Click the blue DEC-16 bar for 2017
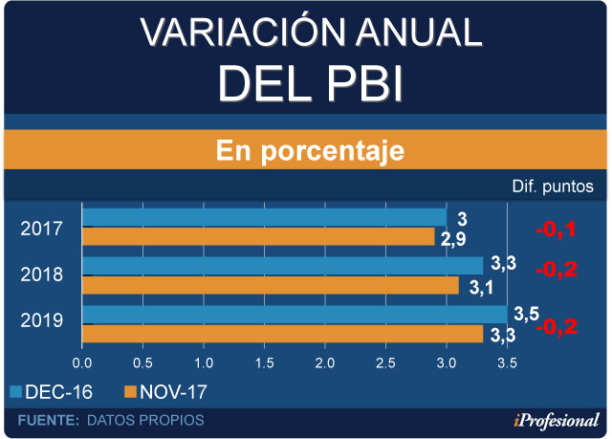(264, 217)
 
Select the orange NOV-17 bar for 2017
(258, 236)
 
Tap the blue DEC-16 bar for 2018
(282, 265)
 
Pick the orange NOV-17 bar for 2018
(271, 285)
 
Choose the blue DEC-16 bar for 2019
(295, 314)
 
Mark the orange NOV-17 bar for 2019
(282, 334)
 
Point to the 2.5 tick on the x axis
(385, 363)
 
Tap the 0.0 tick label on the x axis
(82, 363)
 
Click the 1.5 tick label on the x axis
(264, 363)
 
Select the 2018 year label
(42, 274)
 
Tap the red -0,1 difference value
(556, 230)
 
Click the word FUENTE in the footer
(48, 420)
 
